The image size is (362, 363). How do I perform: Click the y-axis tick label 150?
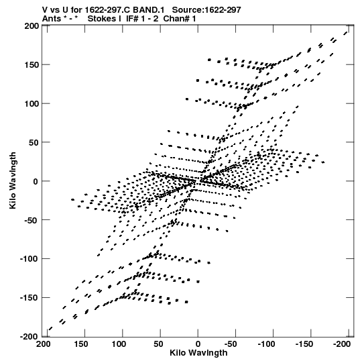tap(32, 65)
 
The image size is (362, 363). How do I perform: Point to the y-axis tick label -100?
tap(29, 258)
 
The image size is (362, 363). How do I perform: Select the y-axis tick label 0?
tap(36, 181)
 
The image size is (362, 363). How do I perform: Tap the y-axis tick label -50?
tap(32, 220)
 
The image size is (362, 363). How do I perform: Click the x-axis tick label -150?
tap(304, 344)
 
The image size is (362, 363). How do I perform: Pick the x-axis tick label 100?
tap(119, 344)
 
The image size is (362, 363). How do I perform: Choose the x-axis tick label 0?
tap(198, 344)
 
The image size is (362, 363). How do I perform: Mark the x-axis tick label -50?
tap(231, 344)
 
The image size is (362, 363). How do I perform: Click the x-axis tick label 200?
tap(44, 344)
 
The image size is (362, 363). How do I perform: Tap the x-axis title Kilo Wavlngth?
tap(198, 353)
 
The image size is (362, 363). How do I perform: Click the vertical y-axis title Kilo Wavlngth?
tap(13, 180)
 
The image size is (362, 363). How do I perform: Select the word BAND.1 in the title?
tap(149, 10)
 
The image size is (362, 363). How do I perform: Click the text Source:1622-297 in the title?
tap(206, 10)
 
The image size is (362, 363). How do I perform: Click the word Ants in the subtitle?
tap(52, 19)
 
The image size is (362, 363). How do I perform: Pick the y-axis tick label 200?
tap(32, 26)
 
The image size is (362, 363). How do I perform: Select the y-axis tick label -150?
tap(29, 297)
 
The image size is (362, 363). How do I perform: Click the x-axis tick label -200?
tap(342, 344)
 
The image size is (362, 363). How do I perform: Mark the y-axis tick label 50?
tap(34, 143)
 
